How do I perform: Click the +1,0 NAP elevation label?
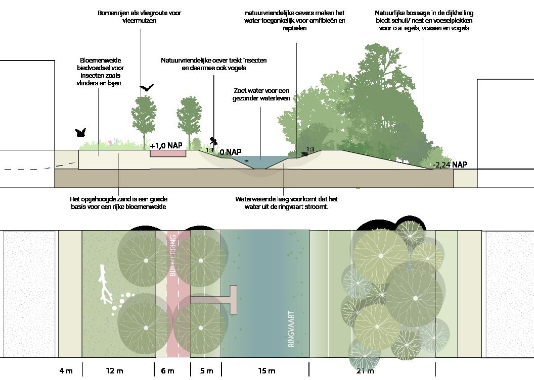point(166,145)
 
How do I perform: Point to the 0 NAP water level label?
point(230,152)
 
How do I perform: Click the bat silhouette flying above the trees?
point(146,88)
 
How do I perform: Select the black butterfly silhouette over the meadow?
point(80,133)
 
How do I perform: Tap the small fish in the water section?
point(246,160)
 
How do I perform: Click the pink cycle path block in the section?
point(168,153)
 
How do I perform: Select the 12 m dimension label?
point(115,371)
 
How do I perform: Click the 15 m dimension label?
point(266,371)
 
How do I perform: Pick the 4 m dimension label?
point(66,371)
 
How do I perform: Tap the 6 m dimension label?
point(167,371)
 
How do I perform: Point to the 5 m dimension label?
point(206,371)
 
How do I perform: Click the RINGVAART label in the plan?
point(291,329)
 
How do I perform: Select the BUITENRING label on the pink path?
point(173,258)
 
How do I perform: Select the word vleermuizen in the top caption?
point(139,21)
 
